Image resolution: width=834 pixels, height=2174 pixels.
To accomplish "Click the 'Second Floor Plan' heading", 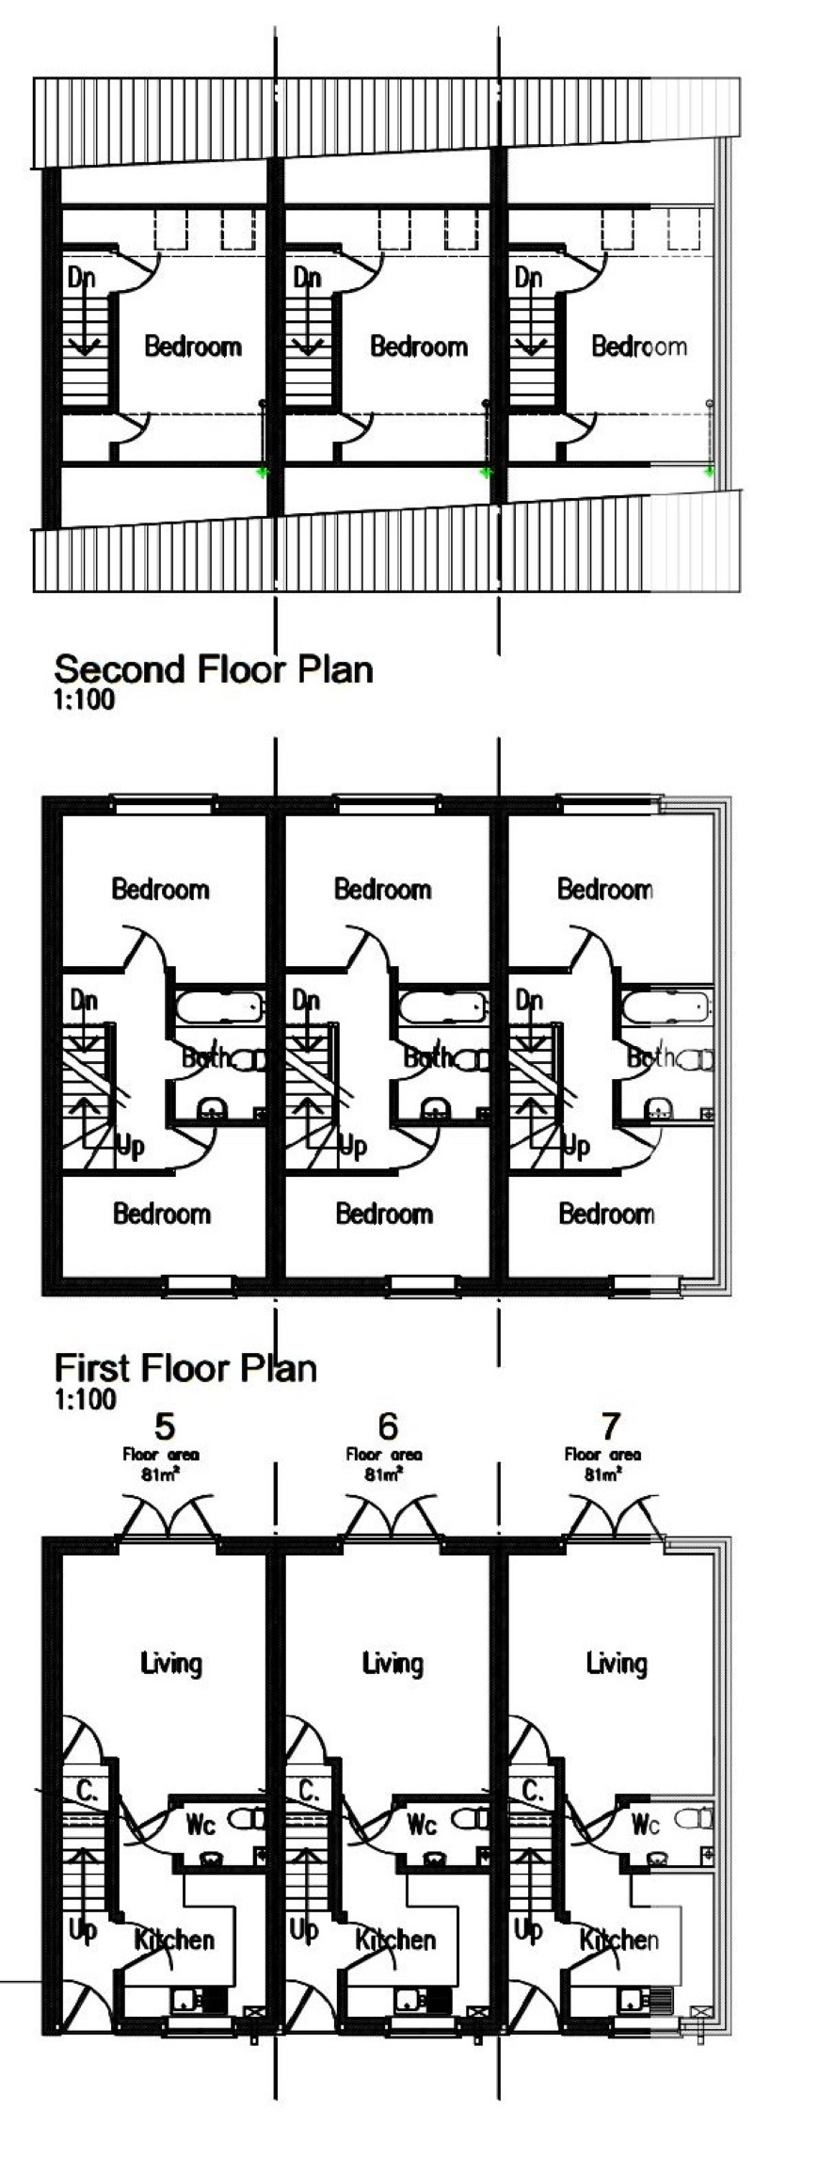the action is (x=214, y=669).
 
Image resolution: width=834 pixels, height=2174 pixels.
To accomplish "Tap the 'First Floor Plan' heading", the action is (x=185, y=1367).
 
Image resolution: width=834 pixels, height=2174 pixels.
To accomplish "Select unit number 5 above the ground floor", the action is (x=164, y=1426).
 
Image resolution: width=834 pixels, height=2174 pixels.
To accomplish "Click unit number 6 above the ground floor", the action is (x=387, y=1426).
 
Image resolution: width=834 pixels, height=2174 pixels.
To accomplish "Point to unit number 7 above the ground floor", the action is (x=610, y=1426).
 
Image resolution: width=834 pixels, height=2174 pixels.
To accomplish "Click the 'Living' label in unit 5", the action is (x=171, y=1663).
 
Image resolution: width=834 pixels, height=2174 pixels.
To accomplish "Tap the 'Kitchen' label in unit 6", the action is (x=395, y=1940).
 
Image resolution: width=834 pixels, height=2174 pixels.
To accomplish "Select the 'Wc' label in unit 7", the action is (x=646, y=1825).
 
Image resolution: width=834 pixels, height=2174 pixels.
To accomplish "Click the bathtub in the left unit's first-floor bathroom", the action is (x=218, y=1007).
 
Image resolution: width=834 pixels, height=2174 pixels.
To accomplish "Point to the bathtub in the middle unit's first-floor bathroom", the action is (x=441, y=1007).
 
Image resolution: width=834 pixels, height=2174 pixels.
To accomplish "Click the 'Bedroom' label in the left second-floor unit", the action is (x=193, y=346).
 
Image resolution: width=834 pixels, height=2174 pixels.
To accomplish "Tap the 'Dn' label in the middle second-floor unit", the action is (x=307, y=278).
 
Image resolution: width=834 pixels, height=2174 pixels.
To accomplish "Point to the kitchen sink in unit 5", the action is (x=187, y=1999).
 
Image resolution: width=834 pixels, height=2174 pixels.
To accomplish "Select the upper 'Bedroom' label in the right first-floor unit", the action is (x=605, y=889).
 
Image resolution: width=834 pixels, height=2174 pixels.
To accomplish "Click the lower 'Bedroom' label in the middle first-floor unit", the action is (x=384, y=1214).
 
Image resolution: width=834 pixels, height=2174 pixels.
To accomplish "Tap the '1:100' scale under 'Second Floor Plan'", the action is (x=85, y=700).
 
